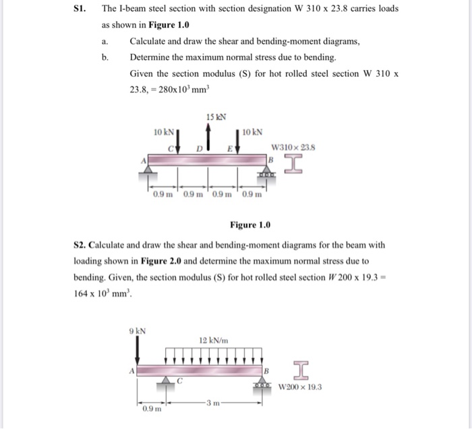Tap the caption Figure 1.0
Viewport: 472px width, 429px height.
click(249, 225)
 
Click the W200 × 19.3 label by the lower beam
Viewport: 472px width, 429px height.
click(301, 387)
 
